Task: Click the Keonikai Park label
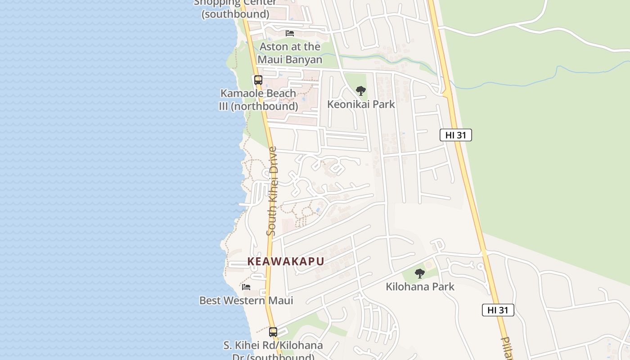pyautogui.click(x=361, y=104)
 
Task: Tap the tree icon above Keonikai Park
pyautogui.click(x=361, y=91)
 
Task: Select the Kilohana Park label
pyautogui.click(x=420, y=287)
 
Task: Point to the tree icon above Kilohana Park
pyautogui.click(x=420, y=273)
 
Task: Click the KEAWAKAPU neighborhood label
pyautogui.click(x=286, y=261)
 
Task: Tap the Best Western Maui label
pyautogui.click(x=246, y=301)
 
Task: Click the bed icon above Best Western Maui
pyautogui.click(x=246, y=287)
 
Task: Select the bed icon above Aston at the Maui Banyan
pyautogui.click(x=290, y=33)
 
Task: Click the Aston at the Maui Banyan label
pyautogui.click(x=290, y=53)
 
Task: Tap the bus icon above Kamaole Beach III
pyautogui.click(x=258, y=80)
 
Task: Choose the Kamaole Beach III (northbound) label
pyautogui.click(x=258, y=100)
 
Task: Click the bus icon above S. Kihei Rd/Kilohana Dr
pyautogui.click(x=273, y=332)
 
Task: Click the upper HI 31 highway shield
pyautogui.click(x=456, y=135)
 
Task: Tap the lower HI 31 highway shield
pyautogui.click(x=498, y=310)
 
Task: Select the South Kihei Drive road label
pyautogui.click(x=271, y=191)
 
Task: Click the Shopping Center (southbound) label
pyautogui.click(x=235, y=9)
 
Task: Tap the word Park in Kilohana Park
pyautogui.click(x=442, y=287)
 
